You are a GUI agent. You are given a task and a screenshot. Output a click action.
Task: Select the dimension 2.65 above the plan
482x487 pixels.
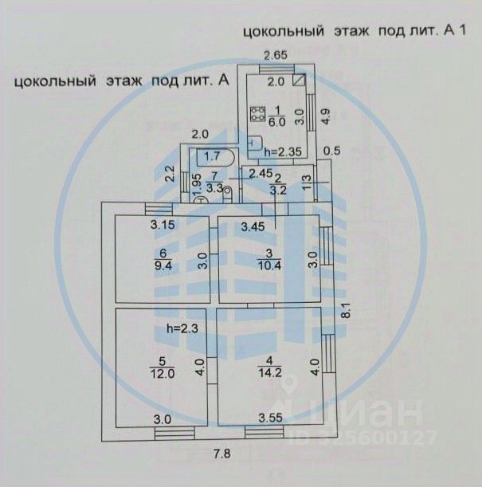click(x=276, y=55)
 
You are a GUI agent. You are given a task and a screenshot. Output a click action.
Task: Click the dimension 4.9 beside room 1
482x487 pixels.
click(x=324, y=116)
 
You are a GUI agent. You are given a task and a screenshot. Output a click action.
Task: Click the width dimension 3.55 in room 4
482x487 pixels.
click(x=272, y=419)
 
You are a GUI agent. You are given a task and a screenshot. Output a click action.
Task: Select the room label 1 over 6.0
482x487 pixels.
click(x=276, y=116)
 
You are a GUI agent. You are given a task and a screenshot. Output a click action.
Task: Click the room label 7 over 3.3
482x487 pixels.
click(x=213, y=183)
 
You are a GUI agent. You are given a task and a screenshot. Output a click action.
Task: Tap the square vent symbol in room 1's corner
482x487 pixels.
click(x=300, y=81)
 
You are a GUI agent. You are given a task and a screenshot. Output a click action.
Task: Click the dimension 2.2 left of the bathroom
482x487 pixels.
click(x=169, y=174)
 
